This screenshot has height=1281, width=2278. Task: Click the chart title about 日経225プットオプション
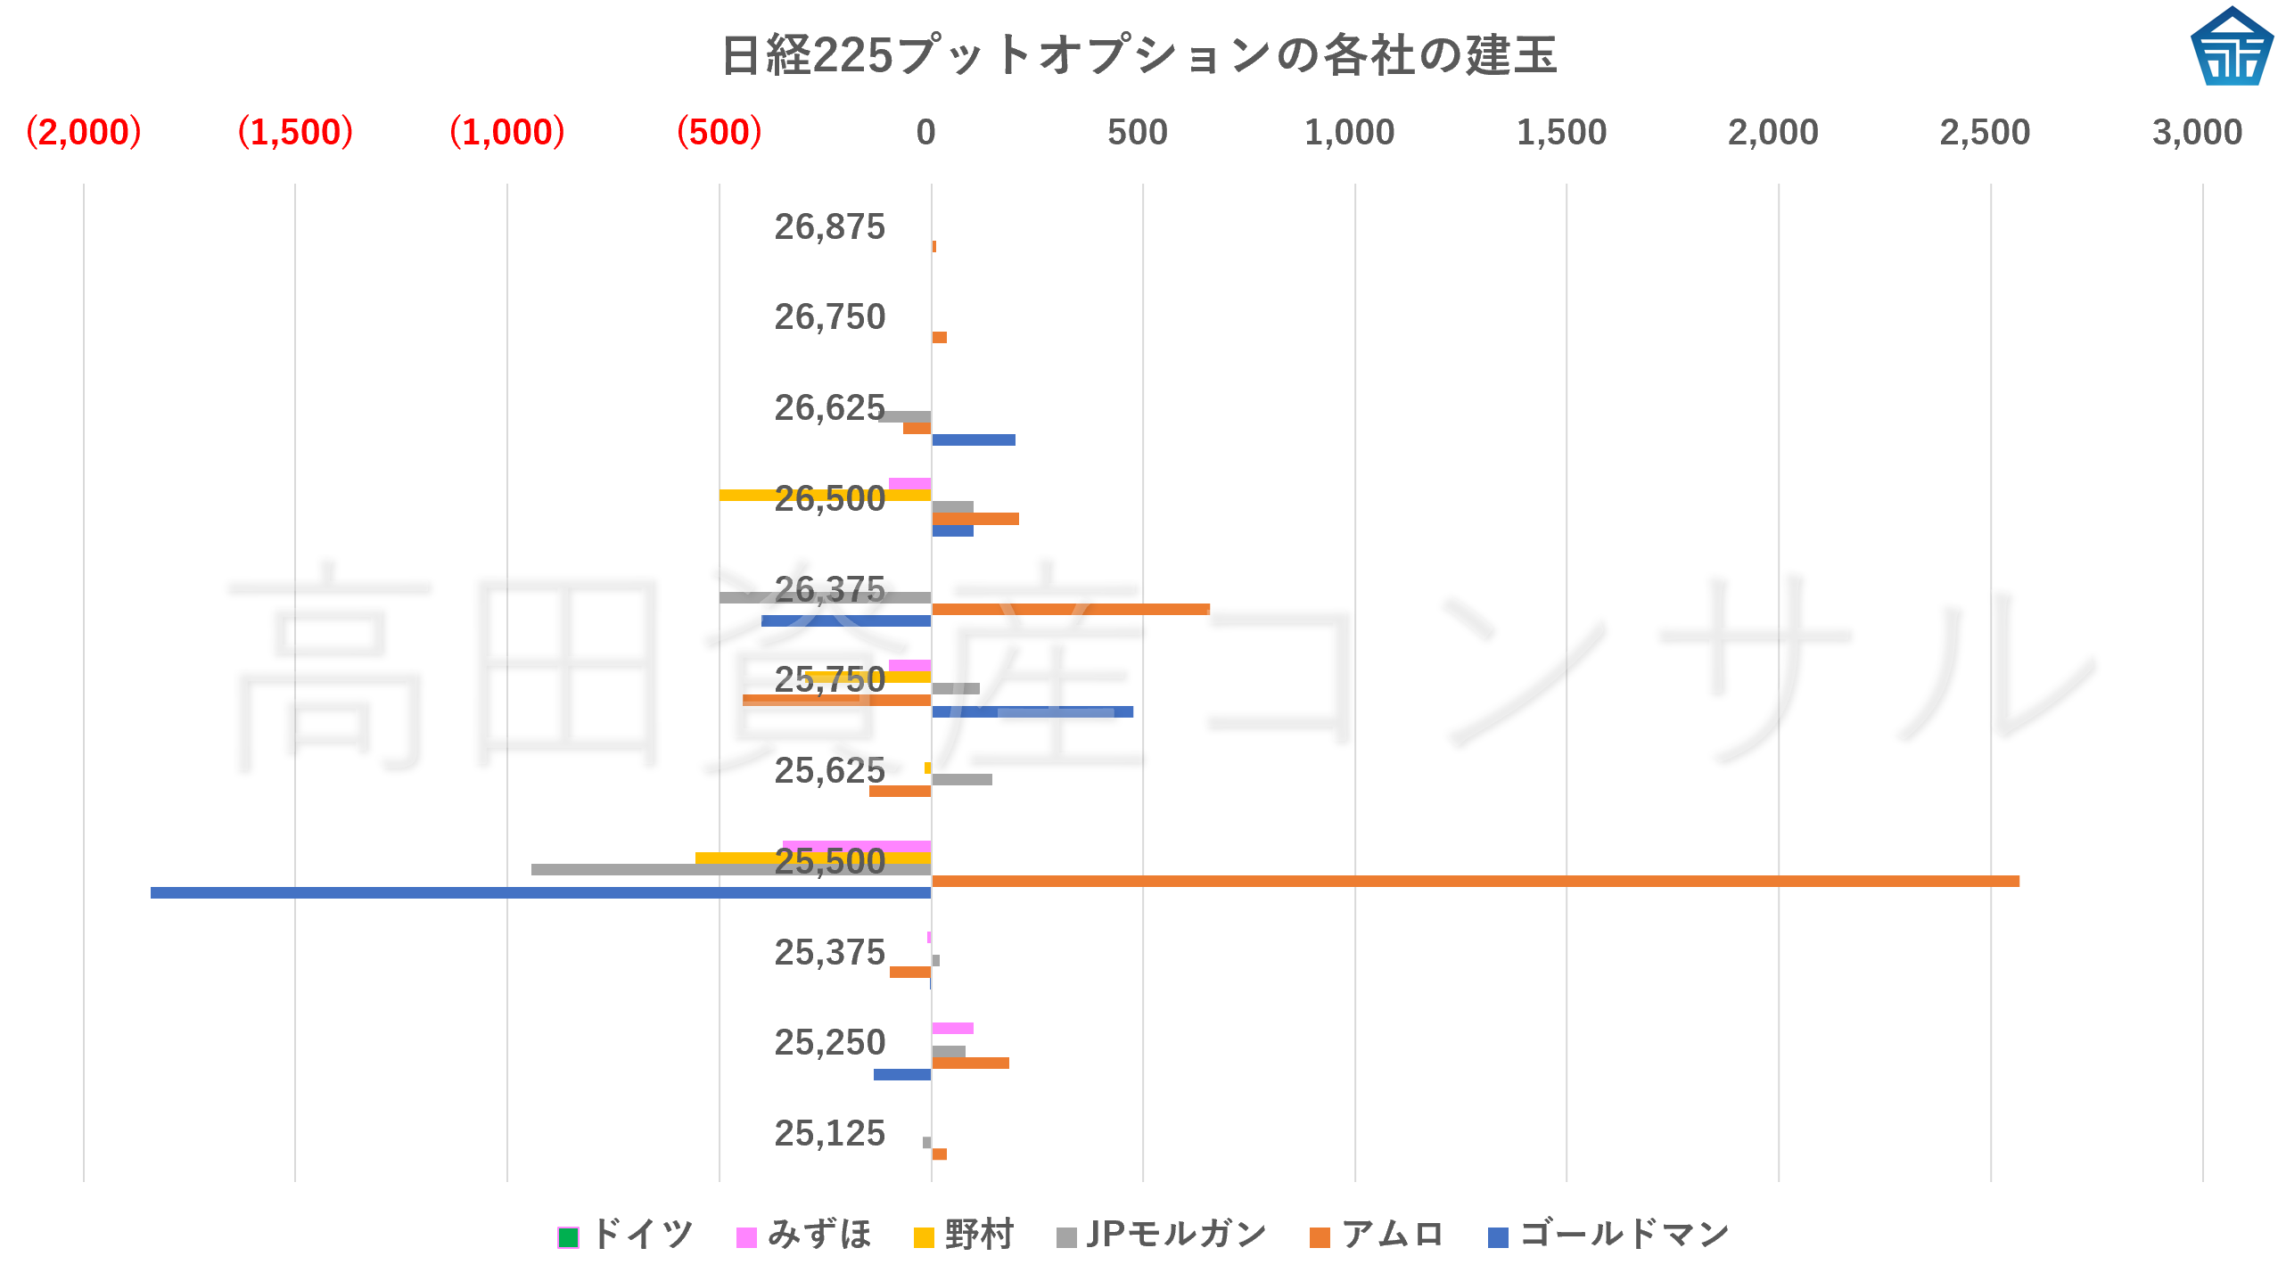tap(1139, 55)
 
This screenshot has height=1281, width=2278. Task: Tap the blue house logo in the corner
tap(2231, 48)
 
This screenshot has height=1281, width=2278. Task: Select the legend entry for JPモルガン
tap(1162, 1236)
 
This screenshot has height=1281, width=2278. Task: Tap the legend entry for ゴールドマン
tap(1609, 1236)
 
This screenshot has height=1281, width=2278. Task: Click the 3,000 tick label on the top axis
tap(2197, 133)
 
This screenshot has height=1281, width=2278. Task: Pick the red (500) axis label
tap(719, 133)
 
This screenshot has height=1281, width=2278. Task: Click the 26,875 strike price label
tap(829, 227)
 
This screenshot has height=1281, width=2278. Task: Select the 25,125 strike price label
tap(829, 1134)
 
